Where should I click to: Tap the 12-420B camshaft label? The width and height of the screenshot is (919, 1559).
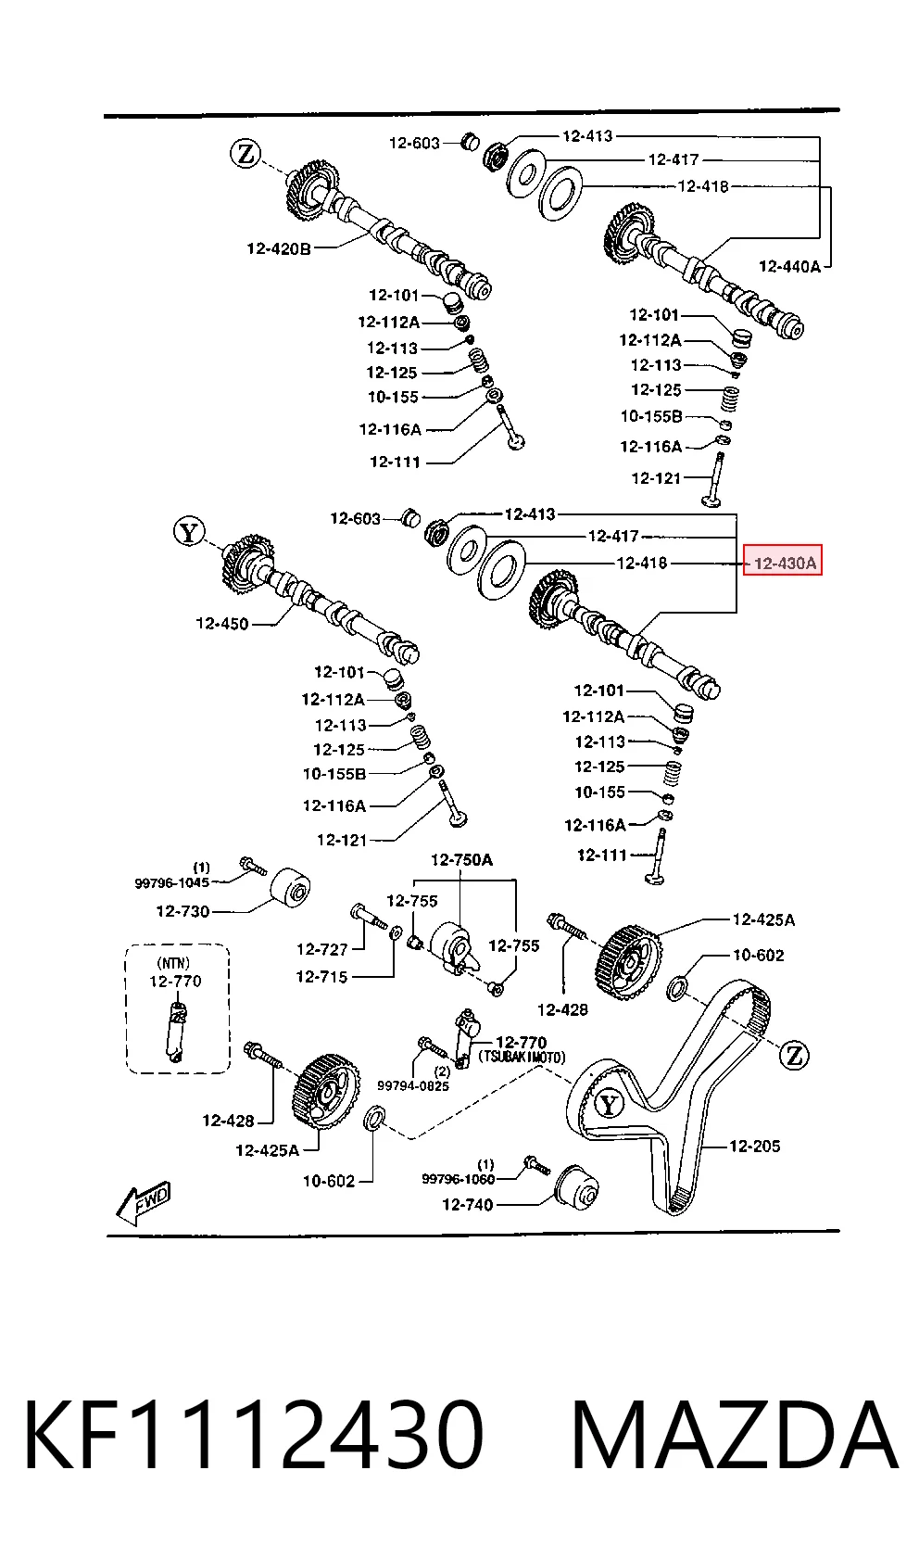pyautogui.click(x=278, y=248)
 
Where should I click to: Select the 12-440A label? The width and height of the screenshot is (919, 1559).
pyautogui.click(x=789, y=266)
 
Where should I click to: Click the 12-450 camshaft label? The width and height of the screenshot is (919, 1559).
pyautogui.click(x=222, y=624)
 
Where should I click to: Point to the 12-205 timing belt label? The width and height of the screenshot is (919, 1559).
pyautogui.click(x=755, y=1146)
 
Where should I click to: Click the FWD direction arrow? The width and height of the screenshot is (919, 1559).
pyautogui.click(x=144, y=1203)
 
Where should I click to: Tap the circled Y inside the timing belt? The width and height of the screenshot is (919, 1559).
pyautogui.click(x=609, y=1104)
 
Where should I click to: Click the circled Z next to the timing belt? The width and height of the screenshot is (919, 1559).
pyautogui.click(x=794, y=1056)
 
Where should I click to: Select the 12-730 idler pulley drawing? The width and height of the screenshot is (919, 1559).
pyautogui.click(x=289, y=889)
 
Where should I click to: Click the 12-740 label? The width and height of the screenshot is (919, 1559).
pyautogui.click(x=468, y=1204)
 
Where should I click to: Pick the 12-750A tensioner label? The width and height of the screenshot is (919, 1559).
pyautogui.click(x=462, y=859)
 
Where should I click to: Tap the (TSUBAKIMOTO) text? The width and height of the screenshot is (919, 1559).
pyautogui.click(x=522, y=1058)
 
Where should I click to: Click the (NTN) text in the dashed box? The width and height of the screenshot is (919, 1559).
pyautogui.click(x=173, y=963)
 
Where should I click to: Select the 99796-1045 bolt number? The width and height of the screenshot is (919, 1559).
pyautogui.click(x=171, y=882)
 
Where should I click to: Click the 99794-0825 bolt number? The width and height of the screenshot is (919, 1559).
pyautogui.click(x=413, y=1085)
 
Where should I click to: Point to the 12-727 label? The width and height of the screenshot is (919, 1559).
pyautogui.click(x=322, y=948)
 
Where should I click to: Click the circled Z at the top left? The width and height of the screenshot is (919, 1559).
pyautogui.click(x=245, y=153)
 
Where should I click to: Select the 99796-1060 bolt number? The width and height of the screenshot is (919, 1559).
pyautogui.click(x=459, y=1179)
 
